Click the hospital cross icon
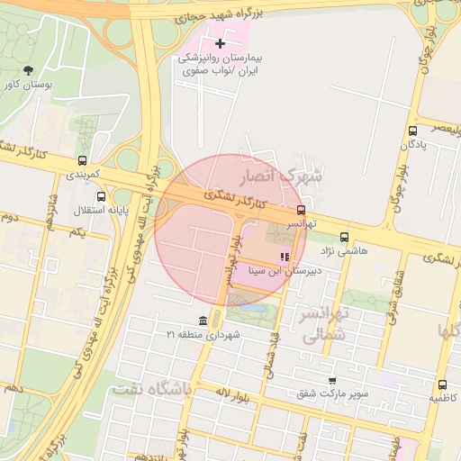click(220, 43)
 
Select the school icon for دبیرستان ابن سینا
click(285, 258)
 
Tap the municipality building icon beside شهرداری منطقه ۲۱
click(203, 321)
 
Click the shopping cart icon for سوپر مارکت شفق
click(332, 380)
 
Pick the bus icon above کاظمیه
click(441, 384)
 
